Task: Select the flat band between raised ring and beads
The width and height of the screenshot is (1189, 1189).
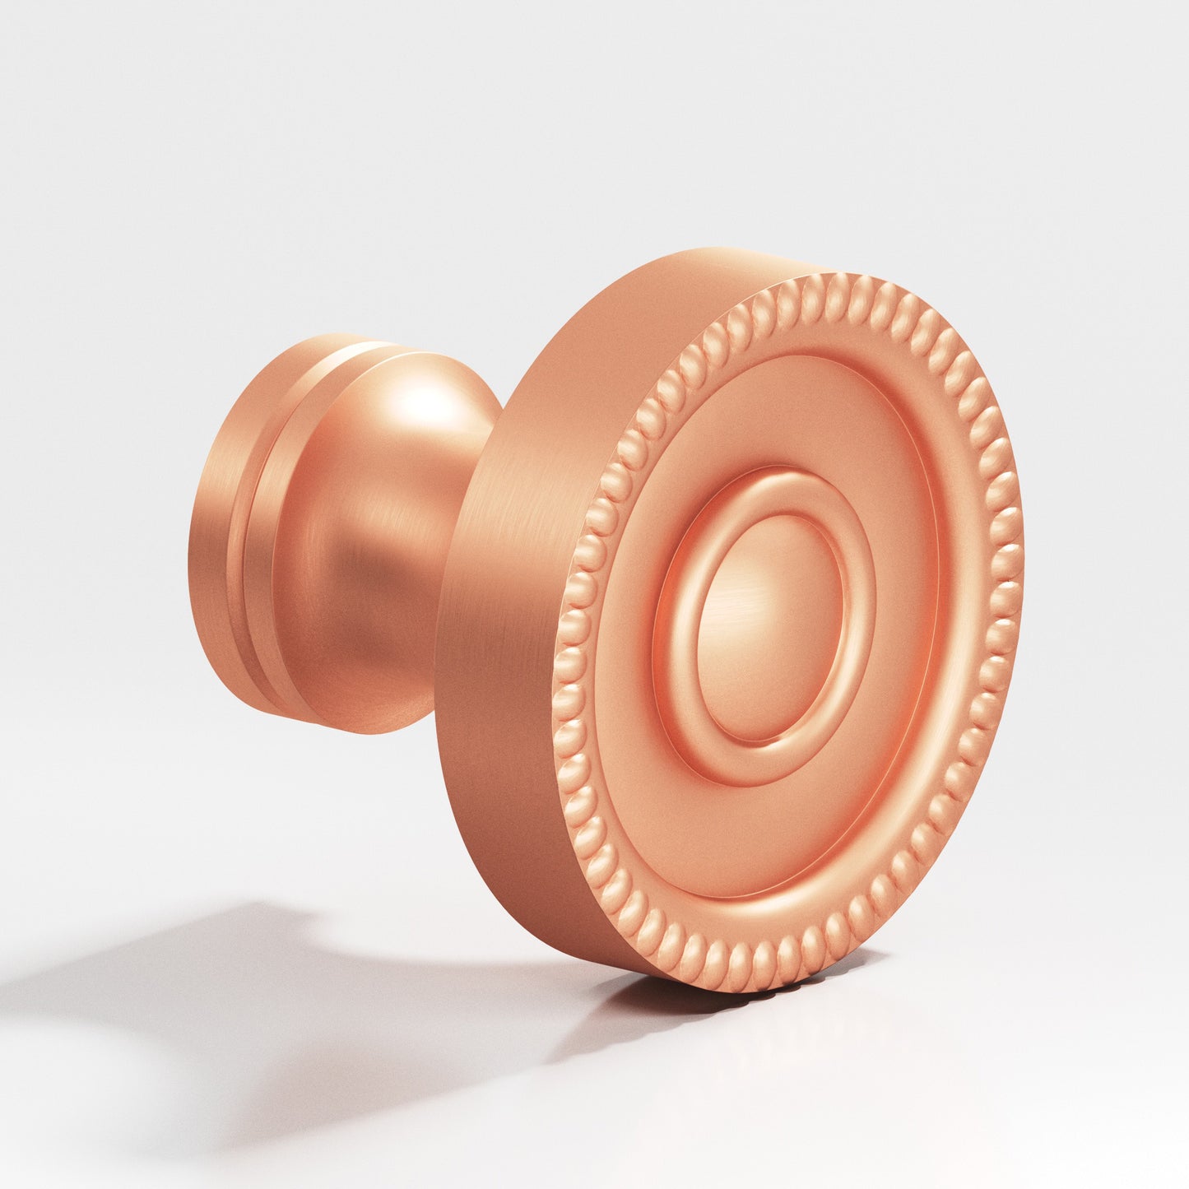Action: (889, 741)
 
